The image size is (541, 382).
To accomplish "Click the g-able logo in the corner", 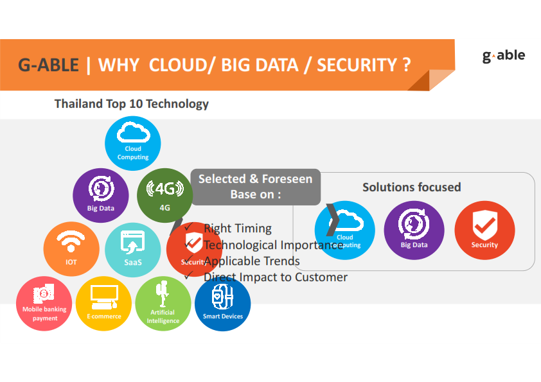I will tap(503, 56).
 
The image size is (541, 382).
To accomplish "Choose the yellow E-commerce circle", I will tap(103, 303).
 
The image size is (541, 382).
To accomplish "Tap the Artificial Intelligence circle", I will tap(163, 304).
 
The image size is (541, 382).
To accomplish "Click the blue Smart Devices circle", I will tap(222, 304).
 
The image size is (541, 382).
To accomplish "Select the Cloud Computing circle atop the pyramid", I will tap(132, 143).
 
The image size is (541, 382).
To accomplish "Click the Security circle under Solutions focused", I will tap(484, 230).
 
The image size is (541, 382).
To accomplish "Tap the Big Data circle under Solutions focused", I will tap(414, 230).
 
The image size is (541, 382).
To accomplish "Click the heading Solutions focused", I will tap(412, 187).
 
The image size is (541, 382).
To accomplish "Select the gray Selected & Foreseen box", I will tap(255, 186).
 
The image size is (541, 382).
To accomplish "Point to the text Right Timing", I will tap(237, 228).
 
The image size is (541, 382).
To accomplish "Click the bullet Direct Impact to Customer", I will tap(275, 277).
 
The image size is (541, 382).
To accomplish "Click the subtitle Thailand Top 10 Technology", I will tap(132, 103).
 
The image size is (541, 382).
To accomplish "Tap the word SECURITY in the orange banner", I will tap(357, 65).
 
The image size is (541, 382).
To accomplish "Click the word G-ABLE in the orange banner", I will tap(49, 65).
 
